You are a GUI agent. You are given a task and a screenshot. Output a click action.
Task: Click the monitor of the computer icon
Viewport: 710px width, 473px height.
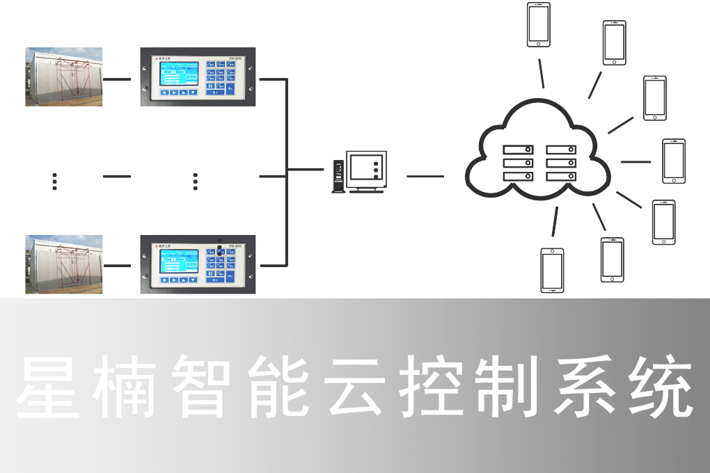coord(367,169)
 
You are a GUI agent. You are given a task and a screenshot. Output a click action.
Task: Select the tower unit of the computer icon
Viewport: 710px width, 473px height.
coord(338,176)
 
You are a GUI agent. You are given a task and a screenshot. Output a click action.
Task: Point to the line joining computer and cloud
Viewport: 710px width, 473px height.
coord(425,176)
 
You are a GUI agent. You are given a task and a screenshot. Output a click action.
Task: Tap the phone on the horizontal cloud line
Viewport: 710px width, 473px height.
coord(673,161)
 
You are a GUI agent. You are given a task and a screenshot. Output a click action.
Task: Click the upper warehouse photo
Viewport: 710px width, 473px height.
coord(64,77)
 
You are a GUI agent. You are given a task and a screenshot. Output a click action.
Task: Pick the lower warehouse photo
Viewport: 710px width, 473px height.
coord(64,264)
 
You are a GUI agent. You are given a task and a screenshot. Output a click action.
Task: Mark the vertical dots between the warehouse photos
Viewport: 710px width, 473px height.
coord(54,181)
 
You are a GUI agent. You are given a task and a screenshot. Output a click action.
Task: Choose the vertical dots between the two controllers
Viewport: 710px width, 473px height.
coord(196,181)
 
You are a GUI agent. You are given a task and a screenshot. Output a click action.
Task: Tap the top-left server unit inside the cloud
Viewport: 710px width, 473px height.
coord(518,150)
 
